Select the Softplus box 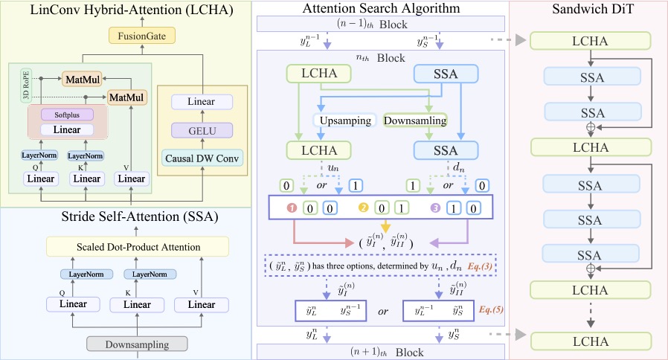coord(68,115)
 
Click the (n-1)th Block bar coord(382,24)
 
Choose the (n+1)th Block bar coord(382,352)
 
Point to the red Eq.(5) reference coord(486,308)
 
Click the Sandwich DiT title coord(591,10)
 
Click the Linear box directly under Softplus coord(68,129)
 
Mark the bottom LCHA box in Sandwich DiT coord(591,341)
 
